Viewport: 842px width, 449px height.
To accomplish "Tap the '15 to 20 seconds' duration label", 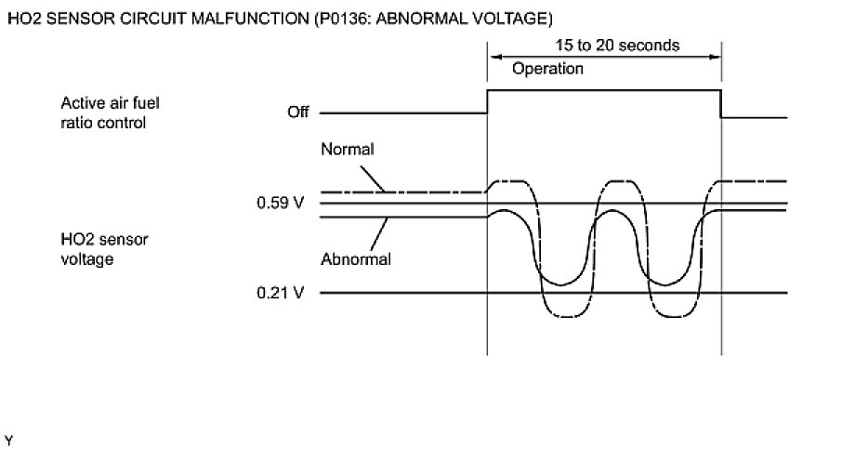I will tap(604, 45).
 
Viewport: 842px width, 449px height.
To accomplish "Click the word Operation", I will tap(548, 69).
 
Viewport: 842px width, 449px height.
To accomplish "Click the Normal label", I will tap(347, 149).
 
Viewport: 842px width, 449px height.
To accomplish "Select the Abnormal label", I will tap(356, 259).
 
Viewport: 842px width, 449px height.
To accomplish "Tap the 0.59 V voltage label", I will tap(281, 203).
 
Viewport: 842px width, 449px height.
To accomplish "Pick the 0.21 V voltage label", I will tap(281, 293).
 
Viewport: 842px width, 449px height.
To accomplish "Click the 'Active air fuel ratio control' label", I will tap(104, 113).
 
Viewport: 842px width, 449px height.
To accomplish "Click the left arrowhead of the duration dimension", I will tap(493, 57).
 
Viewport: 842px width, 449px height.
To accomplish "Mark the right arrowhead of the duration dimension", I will tap(717, 57).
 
